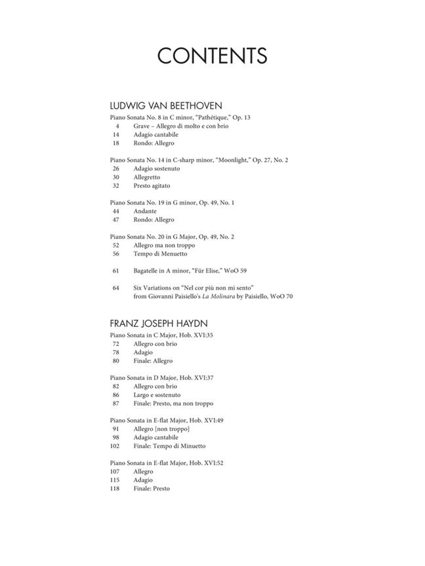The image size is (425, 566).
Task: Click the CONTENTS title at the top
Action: [212, 56]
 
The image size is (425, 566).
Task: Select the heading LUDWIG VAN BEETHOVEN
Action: [166, 105]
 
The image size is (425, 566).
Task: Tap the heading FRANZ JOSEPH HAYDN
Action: [159, 324]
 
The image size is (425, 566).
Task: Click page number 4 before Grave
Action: [117, 126]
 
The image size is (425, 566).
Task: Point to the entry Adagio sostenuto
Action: [156, 168]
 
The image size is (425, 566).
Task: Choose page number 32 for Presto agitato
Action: [115, 185]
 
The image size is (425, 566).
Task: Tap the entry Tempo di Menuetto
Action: [160, 254]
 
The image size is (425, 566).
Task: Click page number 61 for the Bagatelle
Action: [115, 271]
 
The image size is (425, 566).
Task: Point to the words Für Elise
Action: [208, 271]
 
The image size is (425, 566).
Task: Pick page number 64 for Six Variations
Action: [115, 288]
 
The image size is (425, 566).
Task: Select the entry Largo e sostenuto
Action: [157, 395]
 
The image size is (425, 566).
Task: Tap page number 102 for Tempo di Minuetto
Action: [114, 446]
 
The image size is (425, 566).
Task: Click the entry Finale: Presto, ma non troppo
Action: [173, 404]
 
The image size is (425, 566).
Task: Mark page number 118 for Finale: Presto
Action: [114, 489]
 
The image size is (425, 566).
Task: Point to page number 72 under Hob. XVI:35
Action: [115, 344]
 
